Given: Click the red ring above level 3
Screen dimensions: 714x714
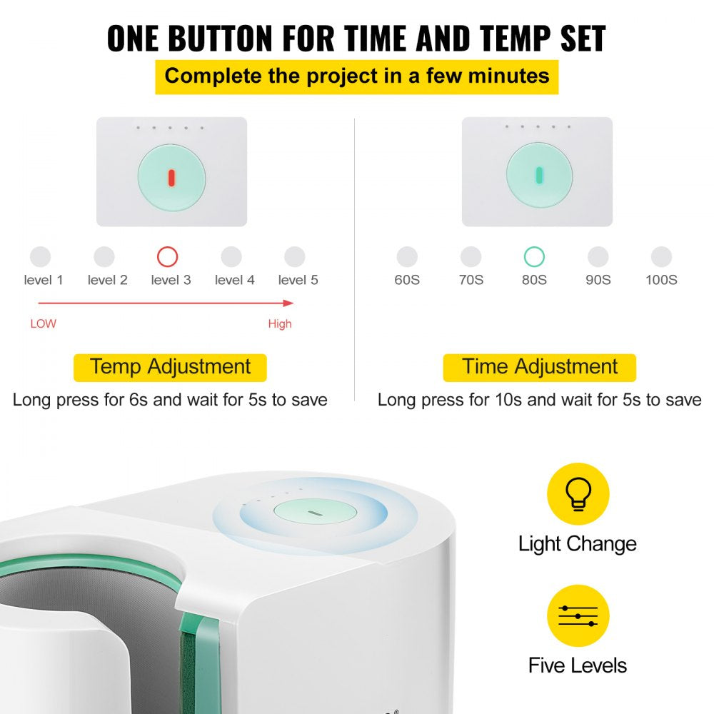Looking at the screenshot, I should (167, 257).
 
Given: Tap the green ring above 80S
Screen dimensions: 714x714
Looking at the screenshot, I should (534, 257).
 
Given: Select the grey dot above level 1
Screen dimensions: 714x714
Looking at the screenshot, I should (41, 257).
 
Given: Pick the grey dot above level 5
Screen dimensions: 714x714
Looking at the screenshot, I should (294, 257).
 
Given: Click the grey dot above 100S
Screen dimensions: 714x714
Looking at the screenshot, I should (661, 257).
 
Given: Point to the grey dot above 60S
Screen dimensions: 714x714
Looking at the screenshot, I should (407, 257).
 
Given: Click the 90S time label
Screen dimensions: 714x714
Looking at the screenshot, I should (598, 280).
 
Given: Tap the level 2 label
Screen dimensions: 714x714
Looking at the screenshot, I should (107, 280).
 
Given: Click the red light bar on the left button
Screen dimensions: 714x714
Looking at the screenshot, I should (171, 177).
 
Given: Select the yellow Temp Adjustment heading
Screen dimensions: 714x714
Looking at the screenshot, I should (170, 367).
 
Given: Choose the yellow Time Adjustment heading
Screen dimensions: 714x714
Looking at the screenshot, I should (539, 367).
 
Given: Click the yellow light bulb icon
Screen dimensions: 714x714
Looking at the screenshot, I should (578, 494).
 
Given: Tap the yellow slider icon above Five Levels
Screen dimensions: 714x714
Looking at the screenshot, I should (578, 615).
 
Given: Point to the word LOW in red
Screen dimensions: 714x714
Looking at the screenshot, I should (43, 323).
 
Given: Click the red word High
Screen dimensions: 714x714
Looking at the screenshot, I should (280, 323).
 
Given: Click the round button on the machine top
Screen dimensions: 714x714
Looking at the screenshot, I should (314, 513).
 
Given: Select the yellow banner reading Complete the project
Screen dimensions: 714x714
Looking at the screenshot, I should (357, 76).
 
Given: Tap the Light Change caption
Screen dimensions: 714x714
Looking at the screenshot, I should (577, 543).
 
